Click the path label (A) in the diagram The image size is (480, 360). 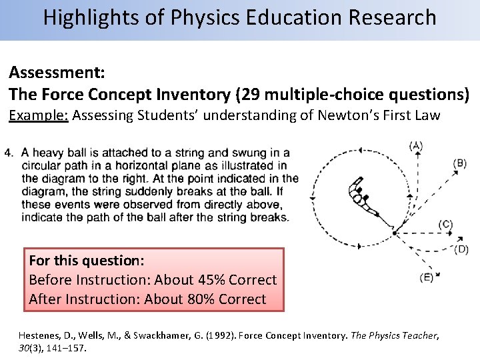pos(417,145)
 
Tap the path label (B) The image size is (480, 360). pos(459,163)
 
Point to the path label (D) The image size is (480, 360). pos(461,249)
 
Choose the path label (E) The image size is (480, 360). pos(426,277)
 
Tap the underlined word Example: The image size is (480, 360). pos(37,115)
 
